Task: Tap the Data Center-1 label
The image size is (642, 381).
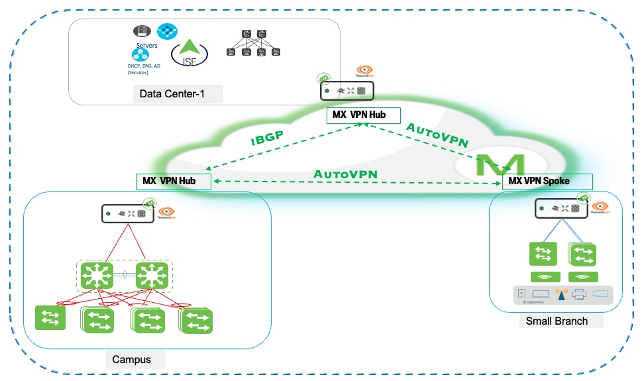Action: tap(172, 94)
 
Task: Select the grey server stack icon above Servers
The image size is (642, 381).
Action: tap(140, 30)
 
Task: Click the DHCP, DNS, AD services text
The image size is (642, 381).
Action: tap(144, 69)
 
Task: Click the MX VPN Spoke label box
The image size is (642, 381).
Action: tap(547, 181)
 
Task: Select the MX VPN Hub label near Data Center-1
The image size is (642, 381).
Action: tap(364, 115)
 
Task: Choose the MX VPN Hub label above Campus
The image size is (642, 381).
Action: tap(174, 181)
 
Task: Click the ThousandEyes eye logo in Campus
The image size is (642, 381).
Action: tap(166, 212)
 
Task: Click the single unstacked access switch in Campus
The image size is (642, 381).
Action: tap(50, 317)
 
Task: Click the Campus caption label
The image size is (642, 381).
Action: tap(131, 360)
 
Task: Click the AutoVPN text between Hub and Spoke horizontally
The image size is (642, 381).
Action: tap(345, 174)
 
